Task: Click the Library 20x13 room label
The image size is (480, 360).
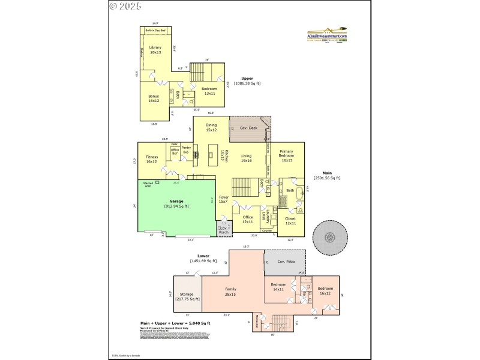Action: [x=155, y=49]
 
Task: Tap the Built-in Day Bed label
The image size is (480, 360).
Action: [x=155, y=29]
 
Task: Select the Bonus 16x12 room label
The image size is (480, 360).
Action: [x=154, y=98]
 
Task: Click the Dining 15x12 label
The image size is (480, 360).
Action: [x=211, y=127]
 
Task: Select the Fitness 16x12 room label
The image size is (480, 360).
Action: [x=151, y=159]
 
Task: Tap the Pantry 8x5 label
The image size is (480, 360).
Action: [x=186, y=150]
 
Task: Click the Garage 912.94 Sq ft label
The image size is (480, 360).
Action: [x=176, y=204]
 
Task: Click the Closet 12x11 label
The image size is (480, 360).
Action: [x=290, y=221]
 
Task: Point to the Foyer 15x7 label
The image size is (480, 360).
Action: [x=223, y=199]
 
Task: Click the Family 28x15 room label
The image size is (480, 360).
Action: [x=230, y=292]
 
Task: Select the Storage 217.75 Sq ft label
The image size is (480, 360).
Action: [x=187, y=296]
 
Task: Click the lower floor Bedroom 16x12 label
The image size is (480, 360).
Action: [x=325, y=290]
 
